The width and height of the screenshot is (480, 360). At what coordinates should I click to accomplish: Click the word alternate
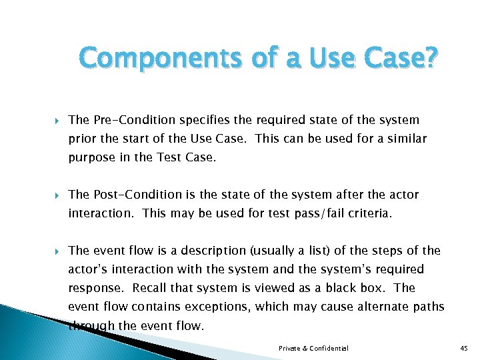(383, 307)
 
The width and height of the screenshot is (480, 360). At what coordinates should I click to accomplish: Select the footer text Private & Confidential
(313, 349)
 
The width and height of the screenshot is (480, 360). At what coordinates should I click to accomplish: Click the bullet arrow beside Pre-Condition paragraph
(55, 121)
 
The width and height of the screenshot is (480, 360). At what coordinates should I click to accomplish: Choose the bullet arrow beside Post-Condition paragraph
(55, 195)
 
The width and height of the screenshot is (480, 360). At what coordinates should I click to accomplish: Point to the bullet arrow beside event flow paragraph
(55, 251)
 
